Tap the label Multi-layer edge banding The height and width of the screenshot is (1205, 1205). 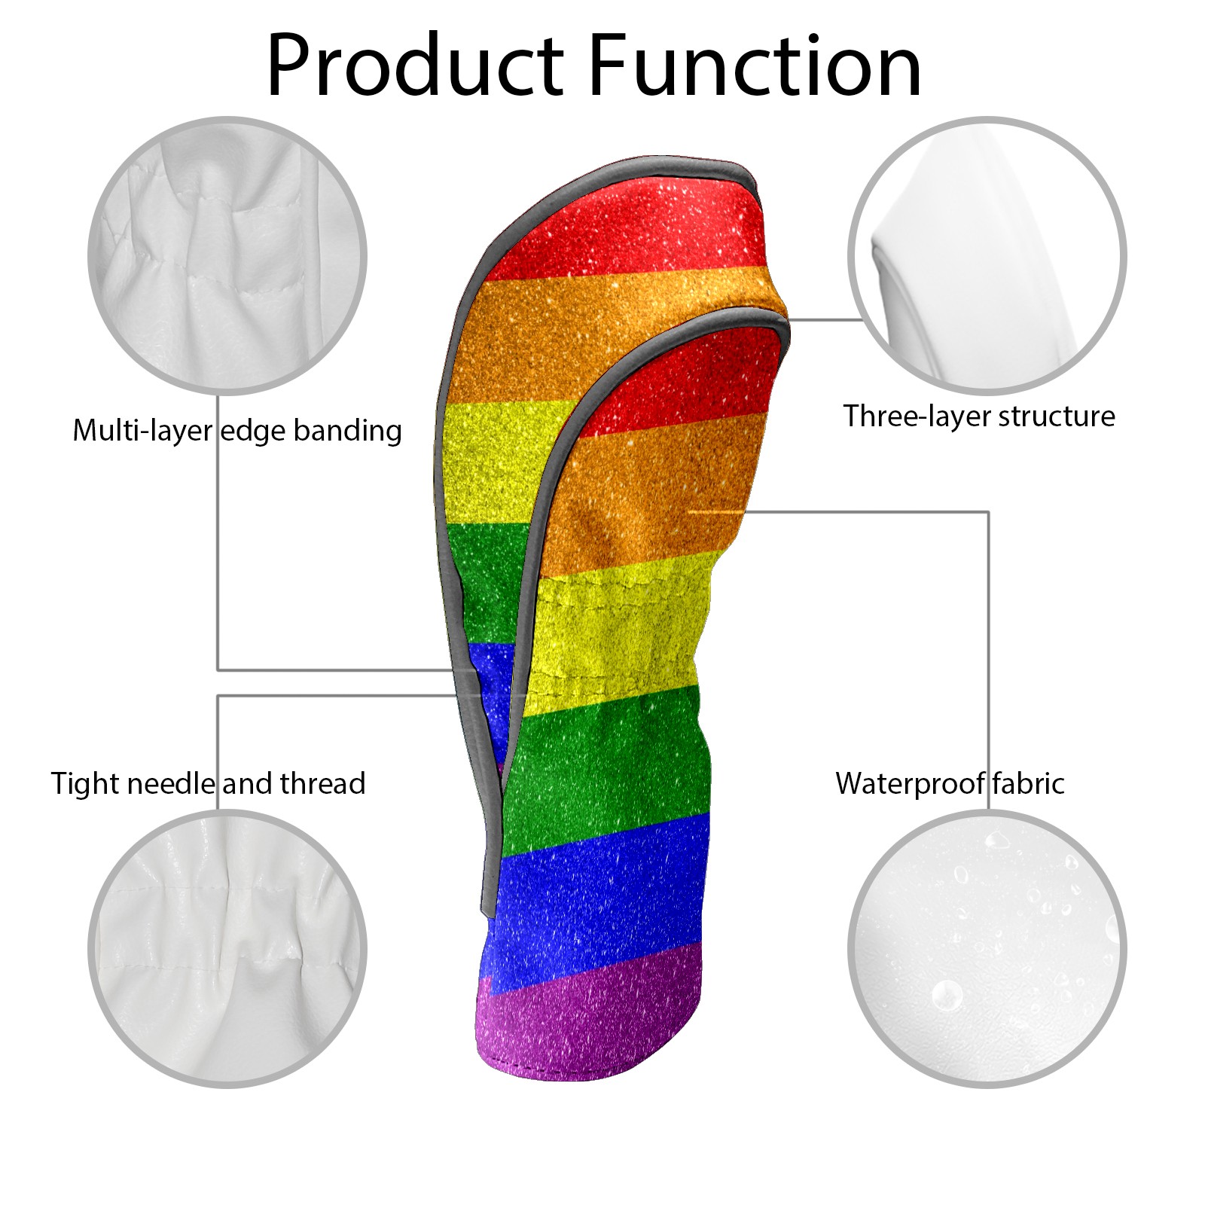(237, 431)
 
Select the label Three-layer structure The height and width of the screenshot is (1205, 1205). (979, 416)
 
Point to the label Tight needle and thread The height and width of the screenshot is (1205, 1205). (208, 784)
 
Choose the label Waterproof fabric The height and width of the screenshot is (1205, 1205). (950, 784)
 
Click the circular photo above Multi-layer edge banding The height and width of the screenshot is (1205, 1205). (227, 255)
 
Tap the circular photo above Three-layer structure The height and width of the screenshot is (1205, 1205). (987, 255)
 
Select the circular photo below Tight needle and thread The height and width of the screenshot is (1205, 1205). (227, 948)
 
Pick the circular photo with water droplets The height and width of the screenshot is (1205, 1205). (987, 948)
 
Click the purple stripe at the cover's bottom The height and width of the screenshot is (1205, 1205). (587, 1017)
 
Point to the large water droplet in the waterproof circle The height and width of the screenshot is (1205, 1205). (947, 995)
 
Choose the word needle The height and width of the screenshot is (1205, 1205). (171, 784)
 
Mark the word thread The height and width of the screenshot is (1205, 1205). (322, 784)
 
